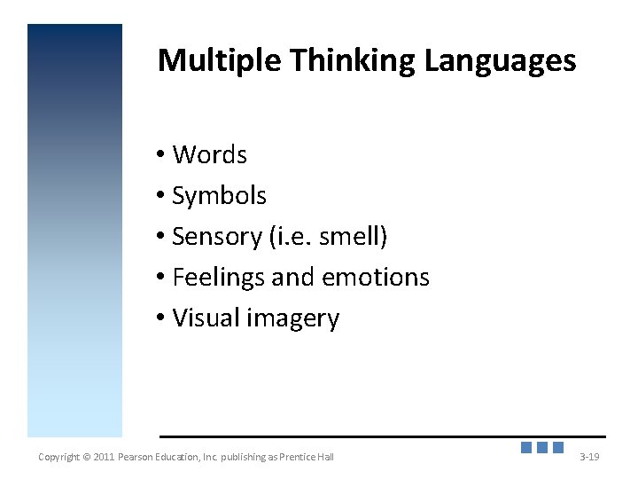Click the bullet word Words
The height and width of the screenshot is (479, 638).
pyautogui.click(x=209, y=154)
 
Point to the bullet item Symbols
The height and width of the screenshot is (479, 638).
pyautogui.click(x=219, y=195)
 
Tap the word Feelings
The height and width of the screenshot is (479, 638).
pyautogui.click(x=219, y=278)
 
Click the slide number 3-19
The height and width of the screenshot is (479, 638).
pyautogui.click(x=589, y=457)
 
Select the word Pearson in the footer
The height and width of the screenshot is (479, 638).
pyautogui.click(x=140, y=457)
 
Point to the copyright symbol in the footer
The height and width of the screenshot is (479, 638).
pyautogui.click(x=86, y=457)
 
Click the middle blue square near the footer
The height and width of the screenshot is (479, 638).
pyautogui.click(x=542, y=448)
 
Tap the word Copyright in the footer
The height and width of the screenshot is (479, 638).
pyautogui.click(x=58, y=457)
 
